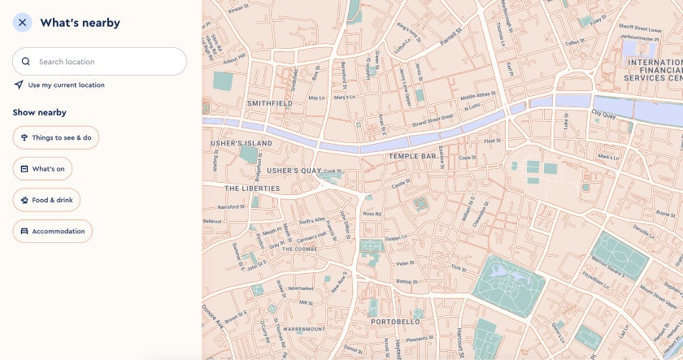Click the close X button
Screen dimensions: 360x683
click(22, 23)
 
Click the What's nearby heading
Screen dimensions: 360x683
click(80, 23)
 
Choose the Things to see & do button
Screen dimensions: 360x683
click(55, 138)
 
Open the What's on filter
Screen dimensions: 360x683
click(42, 169)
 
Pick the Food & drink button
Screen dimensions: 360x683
click(46, 200)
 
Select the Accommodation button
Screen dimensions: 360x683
click(53, 232)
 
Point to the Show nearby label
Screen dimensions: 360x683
click(39, 113)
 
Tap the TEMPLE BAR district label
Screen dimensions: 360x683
click(413, 155)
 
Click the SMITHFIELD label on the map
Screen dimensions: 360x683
click(270, 104)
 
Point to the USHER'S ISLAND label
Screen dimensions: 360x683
click(241, 143)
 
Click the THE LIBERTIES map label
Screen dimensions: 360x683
click(252, 189)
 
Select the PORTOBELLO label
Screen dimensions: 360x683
click(396, 322)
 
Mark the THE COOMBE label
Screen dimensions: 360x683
click(300, 249)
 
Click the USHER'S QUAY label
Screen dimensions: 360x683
click(294, 171)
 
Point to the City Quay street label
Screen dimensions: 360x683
click(606, 114)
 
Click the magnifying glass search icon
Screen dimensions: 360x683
click(26, 62)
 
